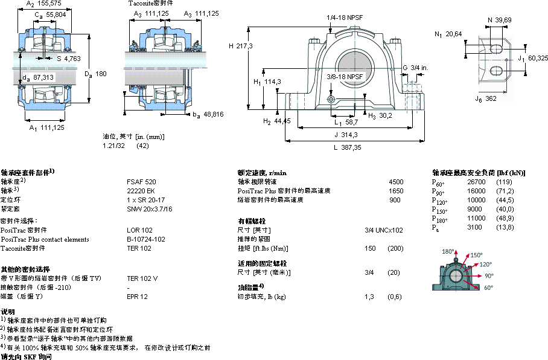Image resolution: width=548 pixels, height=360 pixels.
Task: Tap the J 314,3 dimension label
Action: [x=345, y=135]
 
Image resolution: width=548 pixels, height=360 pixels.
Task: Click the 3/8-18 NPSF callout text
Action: [x=345, y=77]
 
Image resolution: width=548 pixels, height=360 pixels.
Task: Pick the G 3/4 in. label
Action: [x=415, y=67]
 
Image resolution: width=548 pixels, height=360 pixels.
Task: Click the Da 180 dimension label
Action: [x=95, y=74]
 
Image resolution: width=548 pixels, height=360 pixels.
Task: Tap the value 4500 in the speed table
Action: [x=396, y=182]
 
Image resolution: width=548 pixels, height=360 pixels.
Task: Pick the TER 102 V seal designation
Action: [x=142, y=278]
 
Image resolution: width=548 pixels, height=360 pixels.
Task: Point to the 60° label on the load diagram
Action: [x=488, y=288]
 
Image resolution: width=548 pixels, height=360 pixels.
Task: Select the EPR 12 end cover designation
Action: [x=137, y=297]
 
